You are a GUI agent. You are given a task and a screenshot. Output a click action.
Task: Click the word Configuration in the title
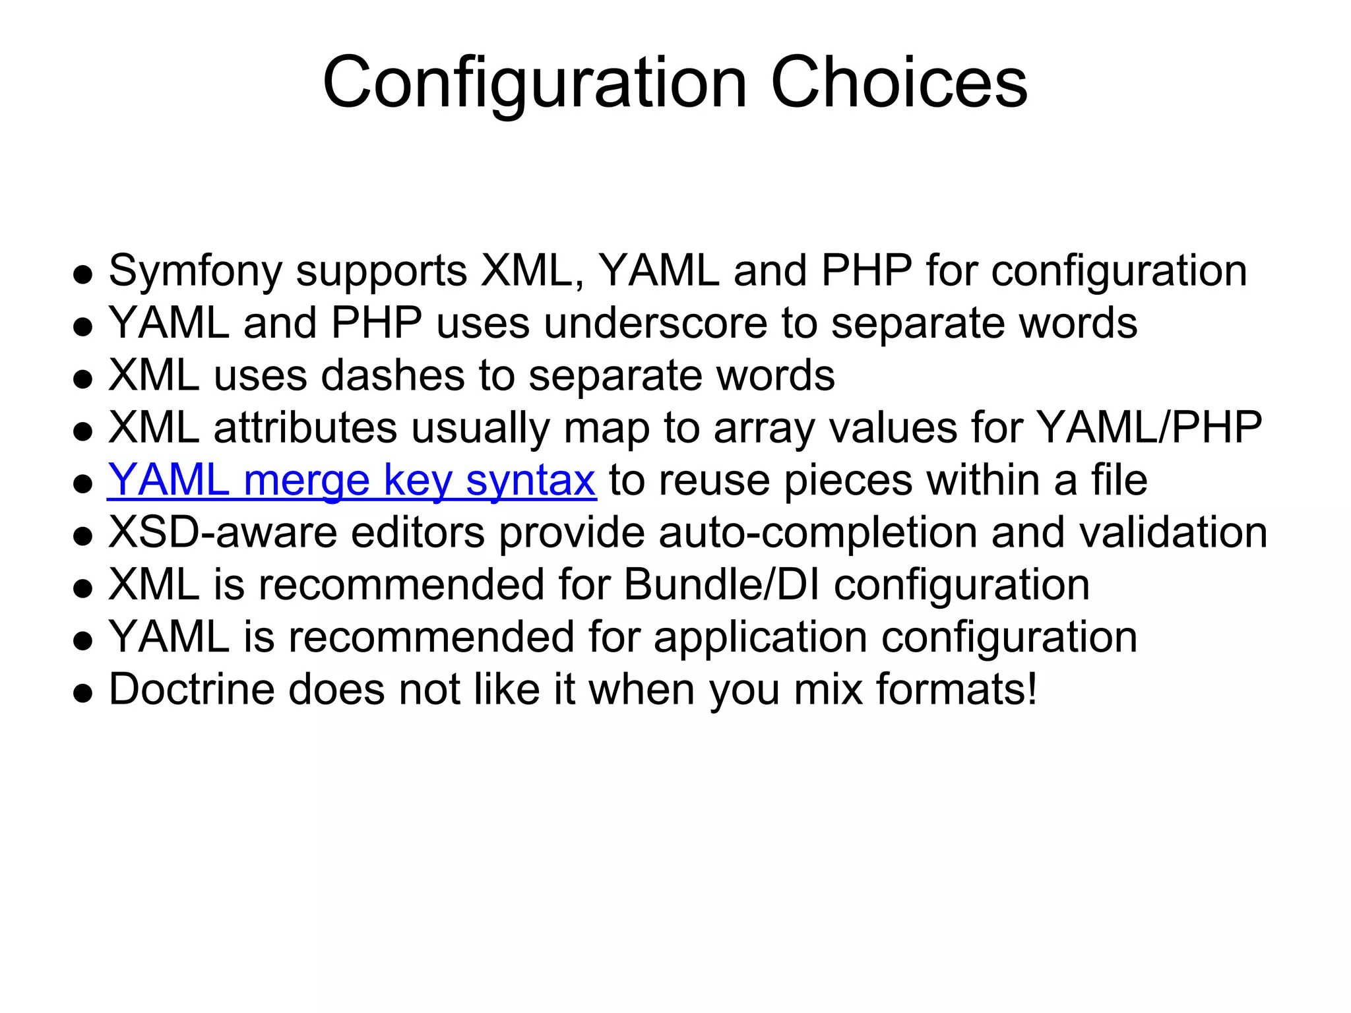[534, 83]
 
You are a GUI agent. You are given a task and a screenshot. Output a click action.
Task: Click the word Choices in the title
[898, 83]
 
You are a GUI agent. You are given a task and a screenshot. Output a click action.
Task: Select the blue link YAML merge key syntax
[352, 480]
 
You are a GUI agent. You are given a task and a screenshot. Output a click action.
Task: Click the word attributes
[305, 427]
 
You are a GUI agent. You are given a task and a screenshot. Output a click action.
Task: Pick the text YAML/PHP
[1148, 427]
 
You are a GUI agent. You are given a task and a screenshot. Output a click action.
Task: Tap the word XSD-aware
[222, 532]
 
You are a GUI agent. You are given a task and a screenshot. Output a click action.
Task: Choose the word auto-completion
[817, 532]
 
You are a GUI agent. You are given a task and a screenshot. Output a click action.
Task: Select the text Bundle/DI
[721, 584]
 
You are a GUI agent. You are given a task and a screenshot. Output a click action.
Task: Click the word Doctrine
[191, 689]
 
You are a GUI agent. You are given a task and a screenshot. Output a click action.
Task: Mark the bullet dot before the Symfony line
[82, 275]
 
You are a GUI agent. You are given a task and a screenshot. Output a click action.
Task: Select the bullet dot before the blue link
[82, 484]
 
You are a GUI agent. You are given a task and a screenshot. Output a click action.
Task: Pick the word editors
[418, 532]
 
